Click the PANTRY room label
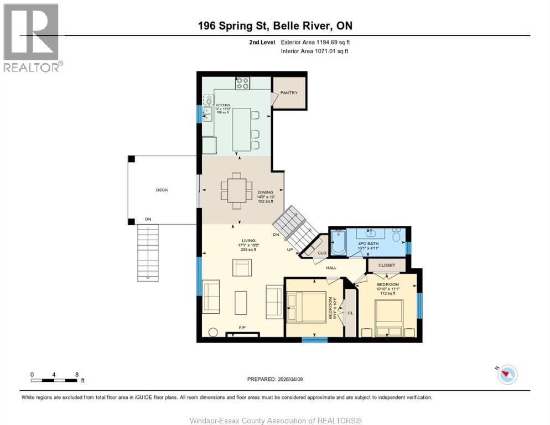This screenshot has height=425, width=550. pos(289,93)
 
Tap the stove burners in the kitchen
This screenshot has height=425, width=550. pos(242,84)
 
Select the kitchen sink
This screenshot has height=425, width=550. pos(208,114)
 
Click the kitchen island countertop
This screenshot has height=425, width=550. pos(241,129)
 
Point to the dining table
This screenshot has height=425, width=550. pos(237,190)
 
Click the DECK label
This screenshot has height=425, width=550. pos(162,190)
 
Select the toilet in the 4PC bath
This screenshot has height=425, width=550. pos(396,236)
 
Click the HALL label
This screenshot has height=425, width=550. pos(331,268)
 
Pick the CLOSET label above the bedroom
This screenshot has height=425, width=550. pos(387,265)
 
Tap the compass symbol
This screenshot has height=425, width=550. pos(506,375)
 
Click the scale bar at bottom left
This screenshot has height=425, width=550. pos(54,380)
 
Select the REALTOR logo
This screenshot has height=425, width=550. pos(32,38)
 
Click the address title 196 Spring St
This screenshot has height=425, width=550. pos(275,25)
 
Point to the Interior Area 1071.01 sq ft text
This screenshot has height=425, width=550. pos(315,51)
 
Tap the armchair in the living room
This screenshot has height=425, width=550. pos(242,268)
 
